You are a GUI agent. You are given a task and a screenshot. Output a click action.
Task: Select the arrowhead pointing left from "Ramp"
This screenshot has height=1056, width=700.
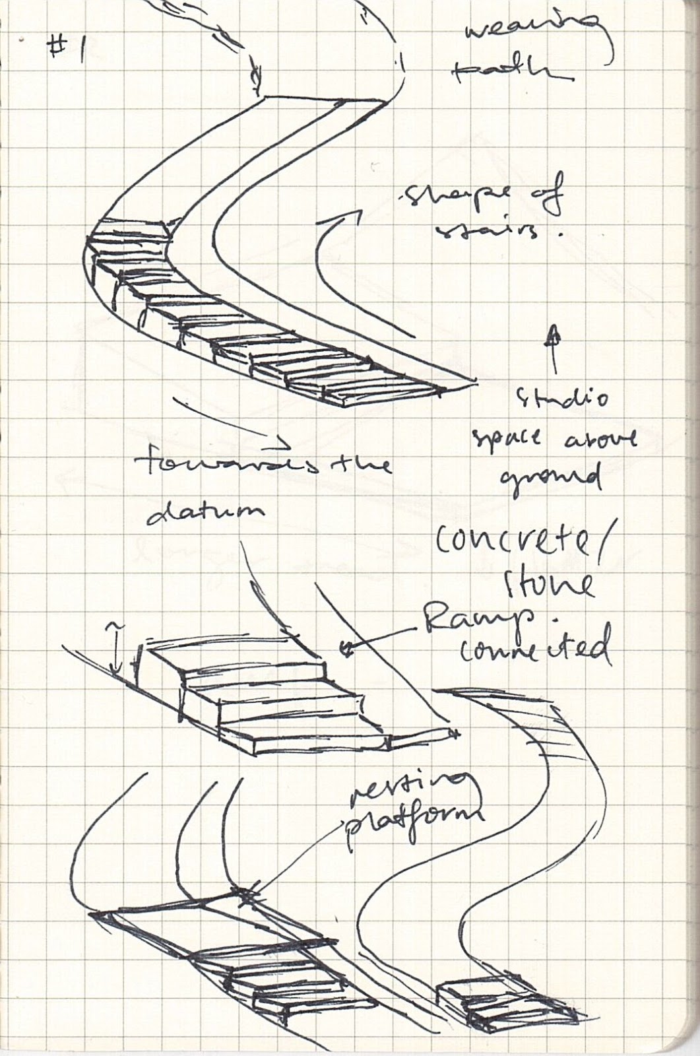pos(347,650)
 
